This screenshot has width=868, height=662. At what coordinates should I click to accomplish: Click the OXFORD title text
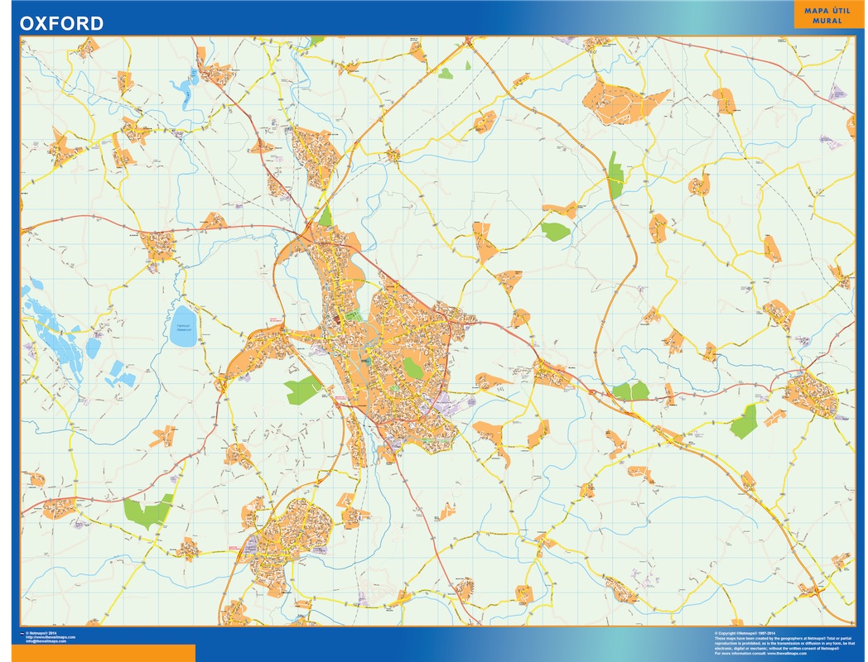(x=62, y=22)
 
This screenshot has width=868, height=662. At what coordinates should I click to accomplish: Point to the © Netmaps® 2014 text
(x=41, y=633)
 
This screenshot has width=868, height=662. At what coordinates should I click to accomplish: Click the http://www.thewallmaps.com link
(x=50, y=637)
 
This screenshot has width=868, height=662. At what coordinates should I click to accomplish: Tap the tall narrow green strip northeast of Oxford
(x=615, y=175)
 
